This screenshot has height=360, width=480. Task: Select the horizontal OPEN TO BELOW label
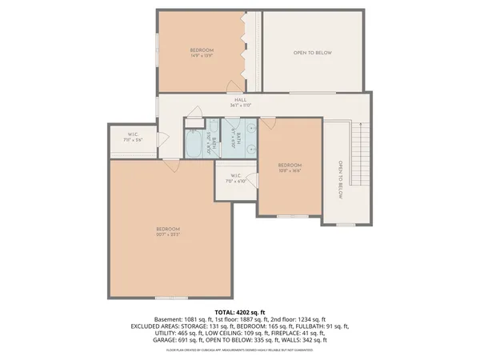312,53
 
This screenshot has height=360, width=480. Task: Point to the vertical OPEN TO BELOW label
340,179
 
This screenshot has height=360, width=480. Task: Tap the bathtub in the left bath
194,145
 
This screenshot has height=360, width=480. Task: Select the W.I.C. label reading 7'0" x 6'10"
236,178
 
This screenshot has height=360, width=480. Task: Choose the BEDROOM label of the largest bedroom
168,229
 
